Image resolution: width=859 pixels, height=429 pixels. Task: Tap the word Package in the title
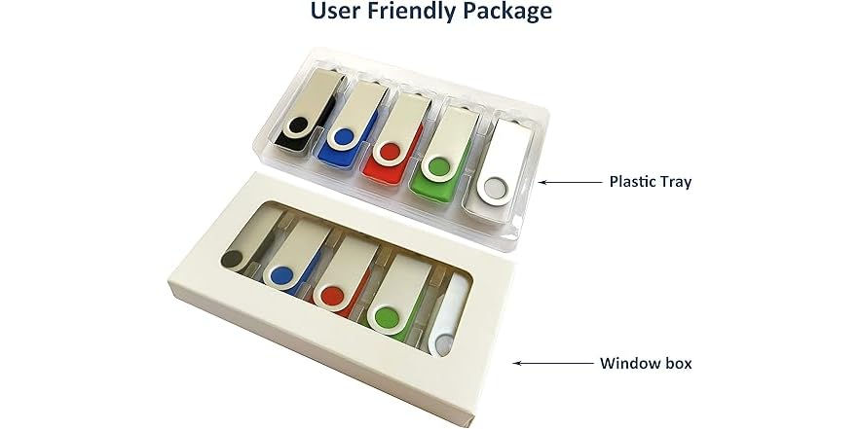pyautogui.click(x=511, y=12)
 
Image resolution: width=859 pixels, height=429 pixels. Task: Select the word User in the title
pyautogui.click(x=335, y=10)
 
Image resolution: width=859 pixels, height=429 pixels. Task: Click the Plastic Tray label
pyautogui.click(x=651, y=182)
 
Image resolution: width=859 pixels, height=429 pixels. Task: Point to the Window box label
pyautogui.click(x=646, y=363)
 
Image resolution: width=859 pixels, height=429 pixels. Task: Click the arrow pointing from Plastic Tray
pyautogui.click(x=570, y=182)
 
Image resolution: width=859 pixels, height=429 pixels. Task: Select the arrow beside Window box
pyautogui.click(x=553, y=363)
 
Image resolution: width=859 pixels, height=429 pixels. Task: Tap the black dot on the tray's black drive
pyautogui.click(x=299, y=125)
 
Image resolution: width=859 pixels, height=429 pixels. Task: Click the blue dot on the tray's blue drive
pyautogui.click(x=344, y=137)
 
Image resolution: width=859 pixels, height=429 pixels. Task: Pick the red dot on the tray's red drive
pyautogui.click(x=390, y=152)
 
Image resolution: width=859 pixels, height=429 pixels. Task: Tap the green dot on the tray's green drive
pyautogui.click(x=439, y=167)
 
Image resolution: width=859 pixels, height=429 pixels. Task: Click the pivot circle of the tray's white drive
pyautogui.click(x=495, y=189)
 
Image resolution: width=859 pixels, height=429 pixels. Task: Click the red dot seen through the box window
pyautogui.click(x=332, y=296)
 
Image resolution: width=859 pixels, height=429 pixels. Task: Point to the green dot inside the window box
pyautogui.click(x=388, y=318)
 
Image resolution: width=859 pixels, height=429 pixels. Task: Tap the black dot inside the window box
pyautogui.click(x=232, y=259)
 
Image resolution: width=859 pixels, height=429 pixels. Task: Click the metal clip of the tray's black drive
pyautogui.click(x=311, y=104)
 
